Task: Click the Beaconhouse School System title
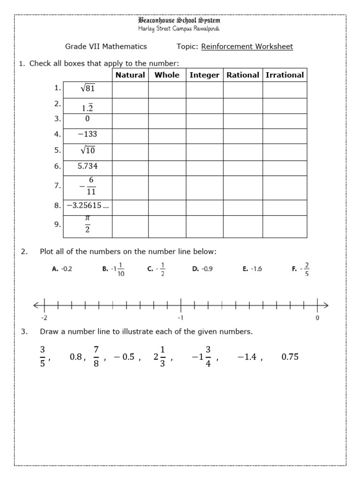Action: pos(179,21)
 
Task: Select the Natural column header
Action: pos(130,75)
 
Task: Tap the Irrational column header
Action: pos(285,75)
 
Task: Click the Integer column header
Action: pos(204,75)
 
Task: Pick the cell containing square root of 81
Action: pos(88,89)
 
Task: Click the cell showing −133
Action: pos(88,134)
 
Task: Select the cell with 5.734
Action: pos(88,166)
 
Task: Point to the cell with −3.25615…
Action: pos(88,205)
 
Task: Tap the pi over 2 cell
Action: pos(88,225)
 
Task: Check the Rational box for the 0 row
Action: pos(242,119)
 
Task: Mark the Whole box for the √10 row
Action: pos(167,150)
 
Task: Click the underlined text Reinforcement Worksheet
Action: pos(247,46)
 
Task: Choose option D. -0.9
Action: pos(202,269)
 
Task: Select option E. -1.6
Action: pos(252,269)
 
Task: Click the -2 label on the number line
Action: pos(44,318)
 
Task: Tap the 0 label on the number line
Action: pos(317,318)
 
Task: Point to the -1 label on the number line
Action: pos(180,318)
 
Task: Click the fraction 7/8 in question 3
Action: pos(96,357)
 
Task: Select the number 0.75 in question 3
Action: pos(290,357)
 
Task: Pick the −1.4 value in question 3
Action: pos(247,357)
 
